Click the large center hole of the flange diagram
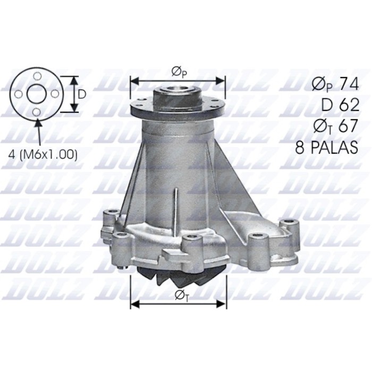pyautogui.click(x=36, y=94)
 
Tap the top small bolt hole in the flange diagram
pyautogui.click(x=36, y=77)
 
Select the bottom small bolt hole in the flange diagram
pyautogui.click(x=36, y=112)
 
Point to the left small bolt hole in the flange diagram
pyautogui.click(x=19, y=94)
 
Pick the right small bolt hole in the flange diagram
pyautogui.click(x=54, y=94)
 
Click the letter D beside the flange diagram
pyautogui.click(x=82, y=94)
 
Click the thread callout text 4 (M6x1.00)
pyautogui.click(x=44, y=155)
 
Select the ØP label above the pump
pyautogui.click(x=177, y=71)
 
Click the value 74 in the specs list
pyautogui.click(x=349, y=84)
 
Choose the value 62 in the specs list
pyautogui.click(x=349, y=105)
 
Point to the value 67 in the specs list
pyautogui.click(x=349, y=126)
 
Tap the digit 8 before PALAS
pyautogui.click(x=301, y=148)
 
